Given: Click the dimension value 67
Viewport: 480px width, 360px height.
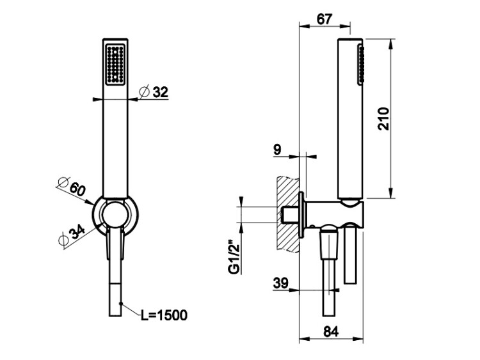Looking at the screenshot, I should [324, 19].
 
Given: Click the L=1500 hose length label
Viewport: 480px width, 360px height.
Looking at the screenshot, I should [164, 315].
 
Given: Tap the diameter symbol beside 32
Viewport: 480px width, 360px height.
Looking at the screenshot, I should [144, 92].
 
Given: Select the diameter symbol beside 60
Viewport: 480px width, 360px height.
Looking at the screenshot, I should [63, 183].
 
